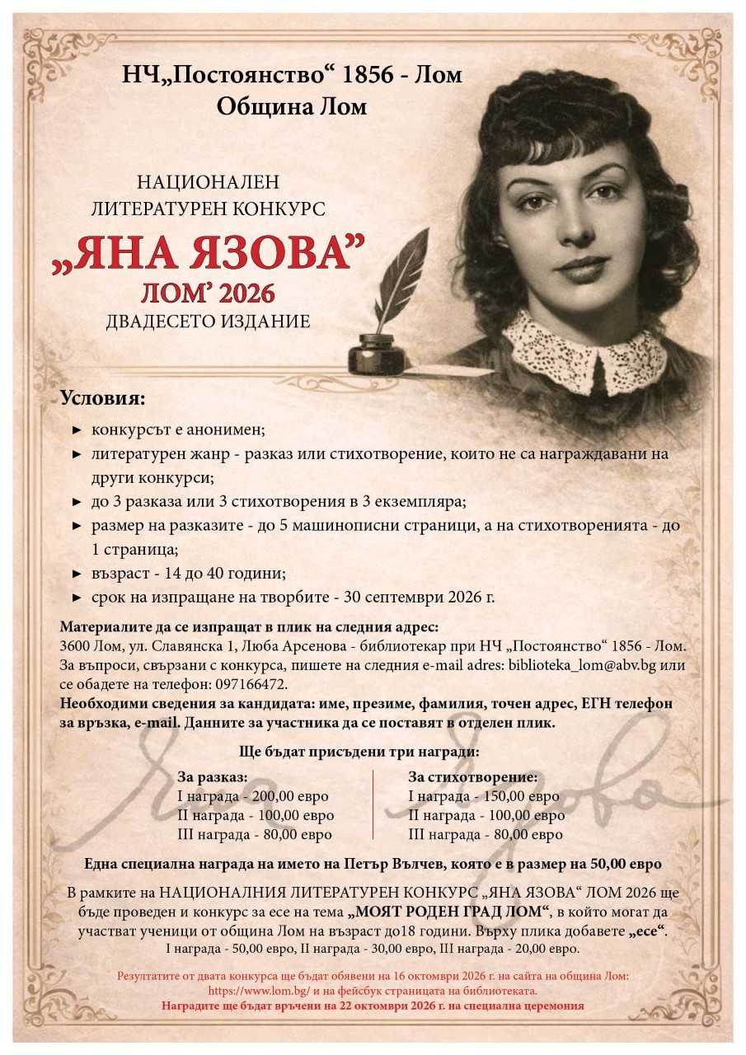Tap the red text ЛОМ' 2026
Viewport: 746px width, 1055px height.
click(x=208, y=292)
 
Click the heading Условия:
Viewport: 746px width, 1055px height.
click(x=102, y=399)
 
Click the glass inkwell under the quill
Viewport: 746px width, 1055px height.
click(x=376, y=355)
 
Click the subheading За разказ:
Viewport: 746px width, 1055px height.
click(x=213, y=776)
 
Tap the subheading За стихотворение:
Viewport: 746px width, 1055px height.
click(x=473, y=776)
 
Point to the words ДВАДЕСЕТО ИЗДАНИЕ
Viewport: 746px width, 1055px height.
click(x=208, y=321)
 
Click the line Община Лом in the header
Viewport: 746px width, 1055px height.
click(x=292, y=106)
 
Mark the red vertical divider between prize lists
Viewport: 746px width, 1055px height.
click(x=373, y=805)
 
